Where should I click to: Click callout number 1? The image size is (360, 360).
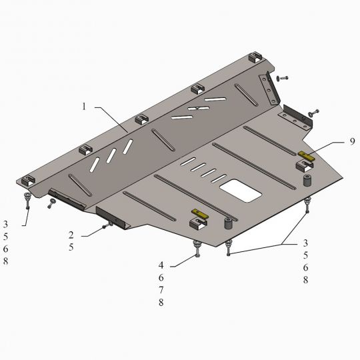click(x=84, y=107)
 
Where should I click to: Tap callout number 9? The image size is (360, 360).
click(x=352, y=141)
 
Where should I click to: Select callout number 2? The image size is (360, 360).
click(x=71, y=235)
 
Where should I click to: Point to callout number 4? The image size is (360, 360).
click(x=161, y=265)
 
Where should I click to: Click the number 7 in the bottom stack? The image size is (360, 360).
click(x=161, y=290)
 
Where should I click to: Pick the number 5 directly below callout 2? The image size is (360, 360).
click(x=71, y=247)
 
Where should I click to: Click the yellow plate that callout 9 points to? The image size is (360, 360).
click(x=307, y=156)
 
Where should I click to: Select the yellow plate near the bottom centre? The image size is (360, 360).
click(x=201, y=213)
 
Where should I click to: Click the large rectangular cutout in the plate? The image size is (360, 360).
click(x=241, y=190)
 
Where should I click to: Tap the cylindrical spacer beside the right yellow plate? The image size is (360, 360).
click(x=307, y=181)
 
